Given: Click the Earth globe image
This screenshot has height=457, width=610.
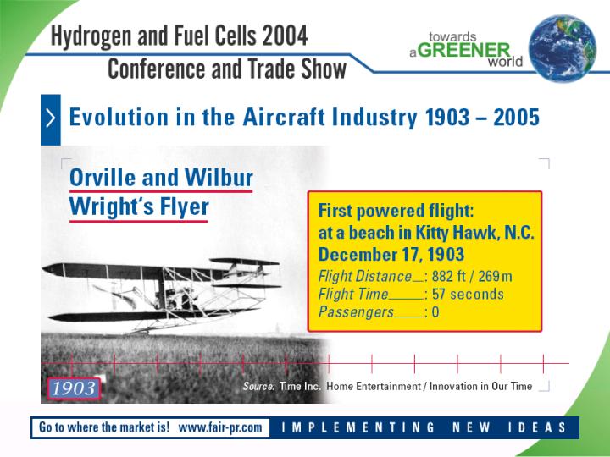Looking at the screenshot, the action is point(563,48).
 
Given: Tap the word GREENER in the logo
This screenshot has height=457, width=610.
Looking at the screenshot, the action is point(464,50).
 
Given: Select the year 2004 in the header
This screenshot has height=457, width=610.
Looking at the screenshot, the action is point(285,36).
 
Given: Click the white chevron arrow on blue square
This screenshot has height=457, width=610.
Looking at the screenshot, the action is point(51,118).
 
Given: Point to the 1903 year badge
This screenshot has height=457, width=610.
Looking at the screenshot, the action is point(74,388).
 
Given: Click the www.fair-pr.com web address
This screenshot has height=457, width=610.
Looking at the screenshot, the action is point(220,427).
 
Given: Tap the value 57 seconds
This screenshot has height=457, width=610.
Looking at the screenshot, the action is point(468,295).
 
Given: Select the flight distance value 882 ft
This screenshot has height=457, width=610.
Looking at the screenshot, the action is point(448,276).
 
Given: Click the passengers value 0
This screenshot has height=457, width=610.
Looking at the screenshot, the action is point(435,312).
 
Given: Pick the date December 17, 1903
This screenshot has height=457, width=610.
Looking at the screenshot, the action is point(391,255).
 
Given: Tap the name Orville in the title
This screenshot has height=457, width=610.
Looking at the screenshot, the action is point(103,178).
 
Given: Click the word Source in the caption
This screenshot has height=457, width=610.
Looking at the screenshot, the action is point(258,386).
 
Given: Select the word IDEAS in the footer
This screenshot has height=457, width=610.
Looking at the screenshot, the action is point(537,427).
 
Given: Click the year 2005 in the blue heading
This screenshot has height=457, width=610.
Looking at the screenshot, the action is point(516,118).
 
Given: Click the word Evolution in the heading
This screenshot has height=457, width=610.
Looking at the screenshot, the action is point(119,117).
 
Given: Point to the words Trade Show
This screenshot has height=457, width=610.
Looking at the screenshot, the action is point(297,69).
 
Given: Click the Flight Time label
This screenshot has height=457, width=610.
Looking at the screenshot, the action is point(353,295).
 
